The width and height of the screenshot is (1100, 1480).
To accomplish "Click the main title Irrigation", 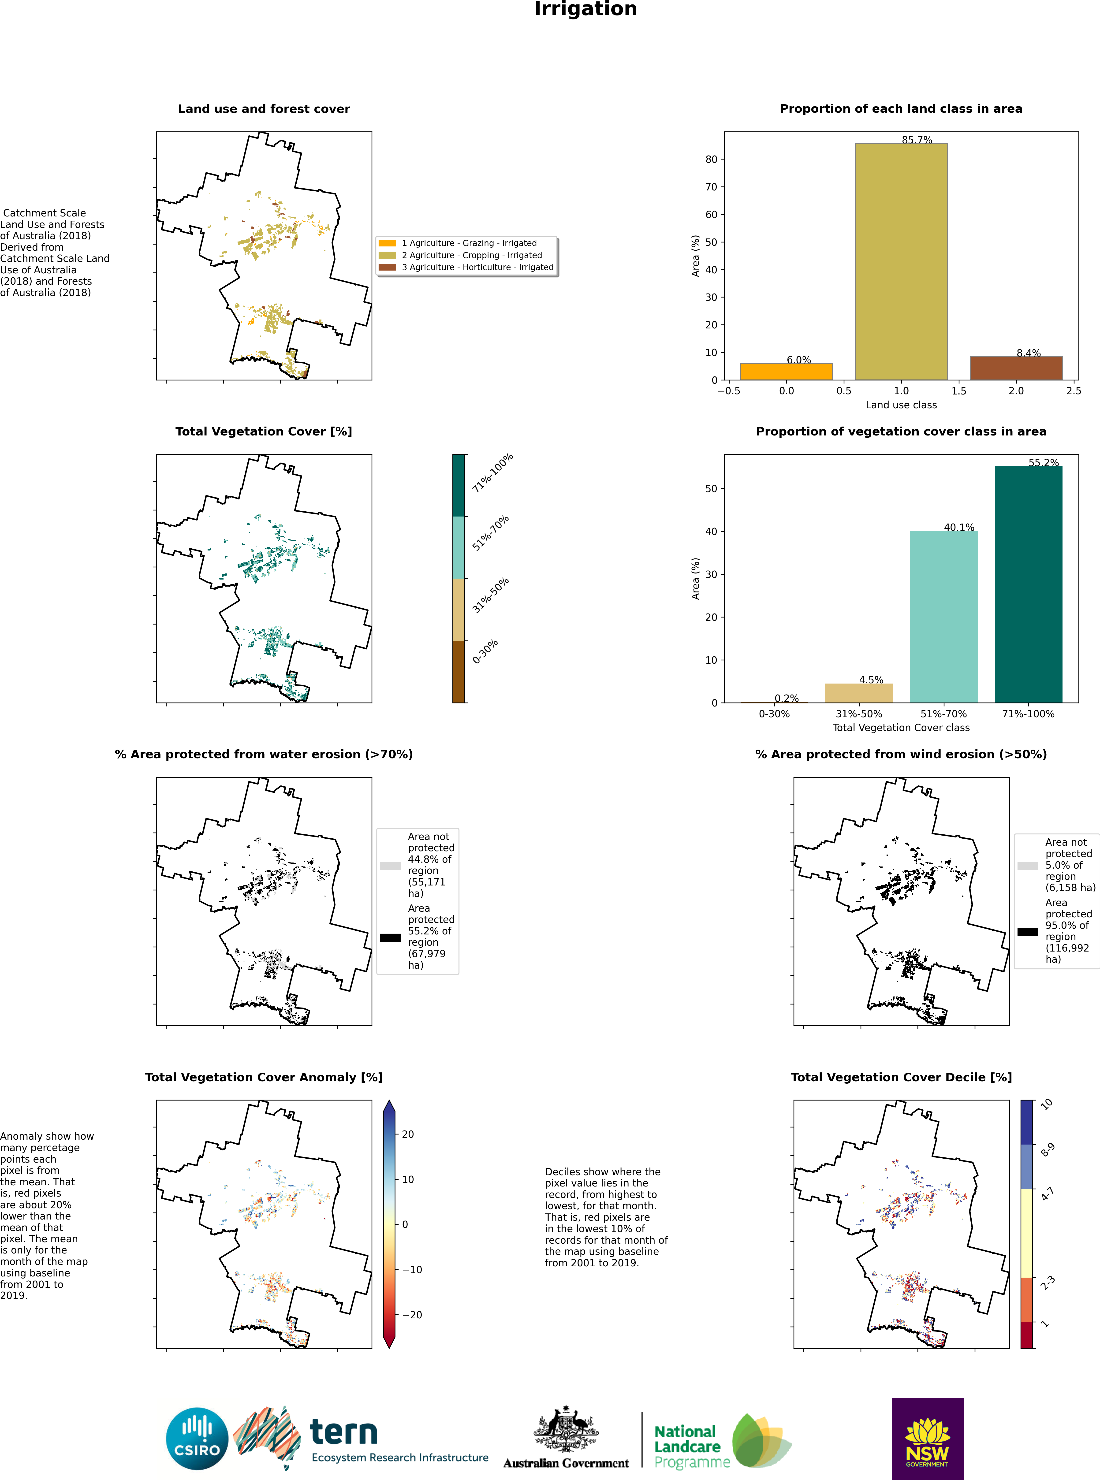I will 585,9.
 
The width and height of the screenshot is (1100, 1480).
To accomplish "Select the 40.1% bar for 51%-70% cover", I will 943,616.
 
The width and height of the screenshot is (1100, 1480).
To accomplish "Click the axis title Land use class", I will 901,405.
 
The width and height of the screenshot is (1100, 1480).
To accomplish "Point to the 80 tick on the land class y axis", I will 711,159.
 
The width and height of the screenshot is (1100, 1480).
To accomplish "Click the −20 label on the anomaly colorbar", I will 412,1315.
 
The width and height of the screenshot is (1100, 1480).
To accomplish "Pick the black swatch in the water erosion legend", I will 390,937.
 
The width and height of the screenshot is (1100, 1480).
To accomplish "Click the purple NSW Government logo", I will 928,1438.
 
